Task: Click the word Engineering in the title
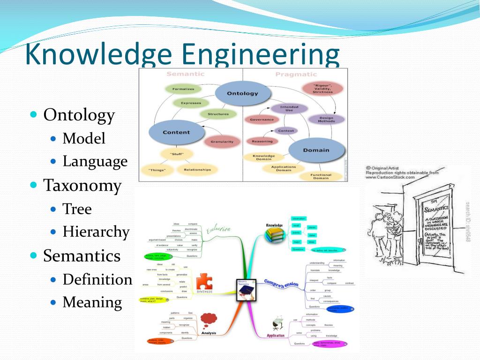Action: pos(260,54)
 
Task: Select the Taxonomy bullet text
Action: pos(82,186)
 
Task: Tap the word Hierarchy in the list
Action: pos(96,232)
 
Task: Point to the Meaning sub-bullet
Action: pos(92,302)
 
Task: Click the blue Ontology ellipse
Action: pos(242,93)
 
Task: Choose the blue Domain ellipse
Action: pos(316,150)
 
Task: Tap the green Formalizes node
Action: pos(183,89)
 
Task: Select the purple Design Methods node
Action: pos(327,120)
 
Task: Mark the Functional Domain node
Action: pos(321,176)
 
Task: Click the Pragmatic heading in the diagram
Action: pos(296,74)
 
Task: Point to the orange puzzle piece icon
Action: pos(204,283)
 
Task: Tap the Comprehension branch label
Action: pos(281,284)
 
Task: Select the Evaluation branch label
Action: pos(218,229)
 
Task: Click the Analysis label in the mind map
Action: pos(209,333)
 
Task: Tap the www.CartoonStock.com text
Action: pos(390,177)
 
